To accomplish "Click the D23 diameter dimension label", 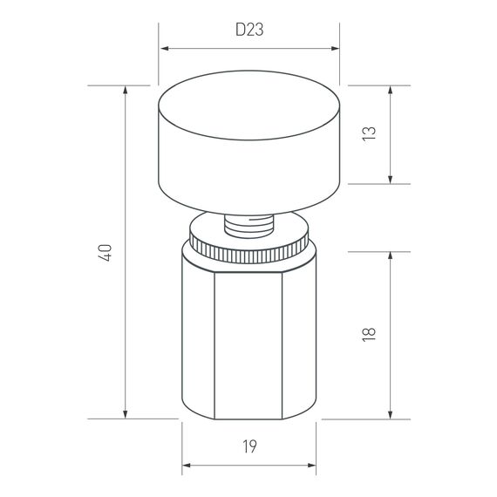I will coord(248,29).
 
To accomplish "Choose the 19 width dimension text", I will coord(248,447).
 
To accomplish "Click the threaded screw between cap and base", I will coord(248,226).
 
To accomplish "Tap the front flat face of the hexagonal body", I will coord(248,349).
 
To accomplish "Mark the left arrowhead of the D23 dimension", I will coord(162,50).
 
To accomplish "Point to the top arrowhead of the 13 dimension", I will coord(390,89).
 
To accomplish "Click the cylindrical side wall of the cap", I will coord(248,170).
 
